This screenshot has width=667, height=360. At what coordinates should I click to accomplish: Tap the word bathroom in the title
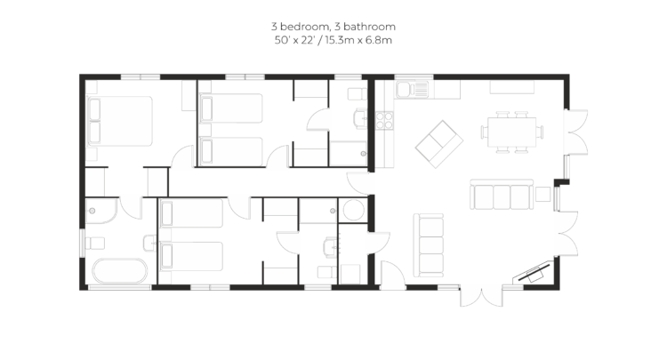(369, 27)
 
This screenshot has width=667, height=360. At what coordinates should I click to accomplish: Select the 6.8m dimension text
(381, 40)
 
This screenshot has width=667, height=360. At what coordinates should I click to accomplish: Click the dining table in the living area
(511, 132)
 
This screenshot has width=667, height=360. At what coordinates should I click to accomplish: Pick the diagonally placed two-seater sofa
(439, 144)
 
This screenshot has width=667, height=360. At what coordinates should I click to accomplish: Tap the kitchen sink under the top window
(412, 90)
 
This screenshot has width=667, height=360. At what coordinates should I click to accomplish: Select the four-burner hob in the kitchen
(383, 120)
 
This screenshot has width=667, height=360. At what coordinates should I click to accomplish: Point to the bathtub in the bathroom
(120, 271)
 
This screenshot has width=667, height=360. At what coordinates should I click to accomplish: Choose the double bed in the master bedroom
(119, 121)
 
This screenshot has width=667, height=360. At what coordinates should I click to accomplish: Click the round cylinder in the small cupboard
(353, 210)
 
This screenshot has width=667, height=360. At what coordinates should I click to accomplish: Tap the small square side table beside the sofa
(542, 194)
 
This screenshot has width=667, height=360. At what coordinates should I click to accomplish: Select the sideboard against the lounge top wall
(511, 87)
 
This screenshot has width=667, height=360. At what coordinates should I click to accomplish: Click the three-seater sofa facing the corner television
(429, 245)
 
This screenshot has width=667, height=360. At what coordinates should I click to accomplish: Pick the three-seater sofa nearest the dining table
(502, 195)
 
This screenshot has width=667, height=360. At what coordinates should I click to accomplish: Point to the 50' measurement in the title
(281, 40)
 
